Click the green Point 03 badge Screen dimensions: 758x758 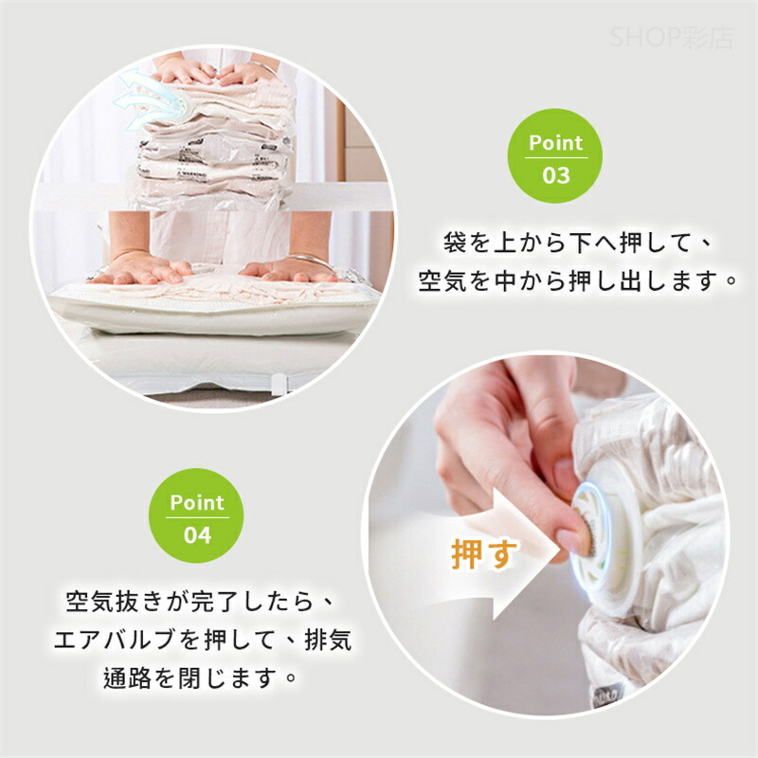point(555,155)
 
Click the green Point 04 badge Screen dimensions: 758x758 point(196,515)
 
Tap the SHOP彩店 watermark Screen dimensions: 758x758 point(672,38)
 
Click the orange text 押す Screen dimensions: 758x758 point(484,554)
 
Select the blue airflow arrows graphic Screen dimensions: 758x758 point(151,100)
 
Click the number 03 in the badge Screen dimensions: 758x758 point(556,175)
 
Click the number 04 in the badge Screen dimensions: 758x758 point(197,535)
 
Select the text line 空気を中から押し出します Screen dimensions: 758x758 point(578,281)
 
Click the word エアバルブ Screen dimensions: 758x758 point(115,641)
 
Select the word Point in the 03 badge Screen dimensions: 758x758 point(556,143)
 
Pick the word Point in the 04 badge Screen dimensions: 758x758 point(197,503)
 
